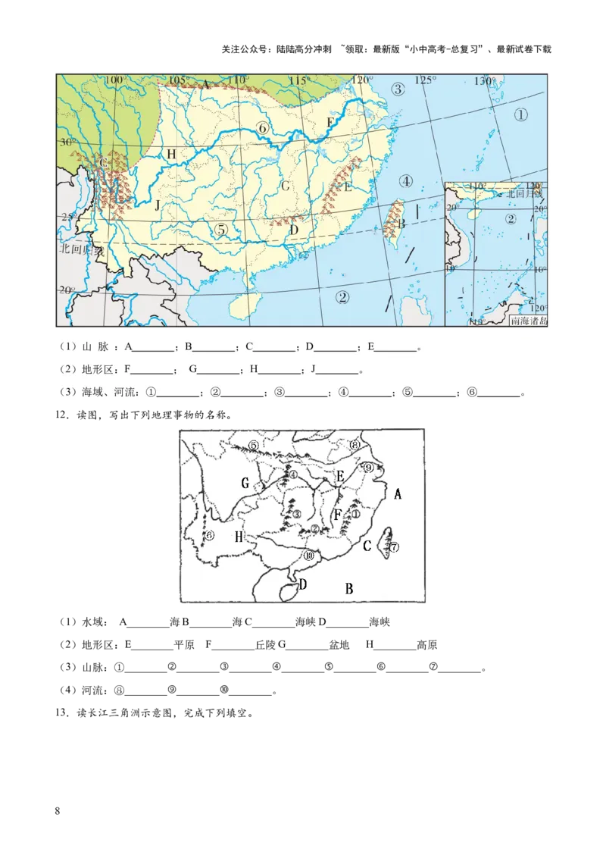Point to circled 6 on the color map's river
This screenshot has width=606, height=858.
(263, 128)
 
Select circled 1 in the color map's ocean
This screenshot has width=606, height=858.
(520, 114)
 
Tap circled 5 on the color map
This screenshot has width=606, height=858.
(220, 229)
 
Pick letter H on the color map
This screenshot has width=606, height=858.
(172, 155)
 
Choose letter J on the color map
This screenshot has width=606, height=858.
(157, 205)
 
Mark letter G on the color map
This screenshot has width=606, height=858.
(286, 185)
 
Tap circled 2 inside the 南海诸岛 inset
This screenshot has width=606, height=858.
(511, 220)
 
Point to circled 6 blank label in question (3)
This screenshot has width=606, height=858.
(471, 393)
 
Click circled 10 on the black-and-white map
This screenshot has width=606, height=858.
(308, 556)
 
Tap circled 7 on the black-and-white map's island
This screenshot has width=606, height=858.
(394, 546)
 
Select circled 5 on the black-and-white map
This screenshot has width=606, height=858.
(254, 445)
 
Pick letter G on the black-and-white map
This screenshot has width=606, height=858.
(245, 483)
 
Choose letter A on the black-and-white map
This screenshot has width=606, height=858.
(398, 494)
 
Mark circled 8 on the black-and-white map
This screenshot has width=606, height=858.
(355, 446)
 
